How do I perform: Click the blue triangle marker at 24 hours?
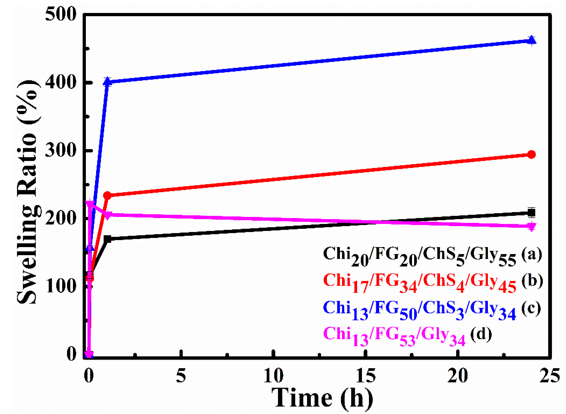531,40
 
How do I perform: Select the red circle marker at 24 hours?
531,155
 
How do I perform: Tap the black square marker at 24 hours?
531,213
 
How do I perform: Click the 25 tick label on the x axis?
550,376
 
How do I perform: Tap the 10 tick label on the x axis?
273,376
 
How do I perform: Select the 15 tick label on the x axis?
366,376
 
